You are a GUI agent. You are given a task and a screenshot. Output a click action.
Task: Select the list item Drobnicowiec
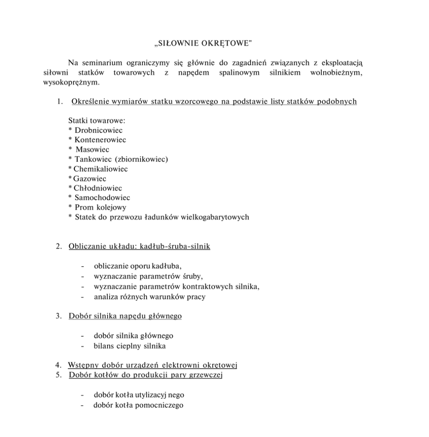tap(99, 130)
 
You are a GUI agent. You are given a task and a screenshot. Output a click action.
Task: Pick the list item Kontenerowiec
tap(100, 140)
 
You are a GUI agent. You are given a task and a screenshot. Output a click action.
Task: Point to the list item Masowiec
tap(93, 150)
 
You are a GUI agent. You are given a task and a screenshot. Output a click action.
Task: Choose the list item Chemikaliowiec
tap(100, 169)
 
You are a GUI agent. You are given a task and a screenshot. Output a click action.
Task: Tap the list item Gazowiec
tap(90, 179)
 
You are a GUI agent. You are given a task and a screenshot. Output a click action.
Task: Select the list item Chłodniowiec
tap(98, 188)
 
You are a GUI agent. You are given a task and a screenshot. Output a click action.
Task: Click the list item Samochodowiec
tap(102, 198)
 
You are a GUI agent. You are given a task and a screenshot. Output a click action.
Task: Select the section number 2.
tap(58, 246)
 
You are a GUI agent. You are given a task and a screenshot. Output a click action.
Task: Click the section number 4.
tap(58, 365)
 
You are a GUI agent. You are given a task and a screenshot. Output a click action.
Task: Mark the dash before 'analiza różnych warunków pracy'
tap(82, 297)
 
